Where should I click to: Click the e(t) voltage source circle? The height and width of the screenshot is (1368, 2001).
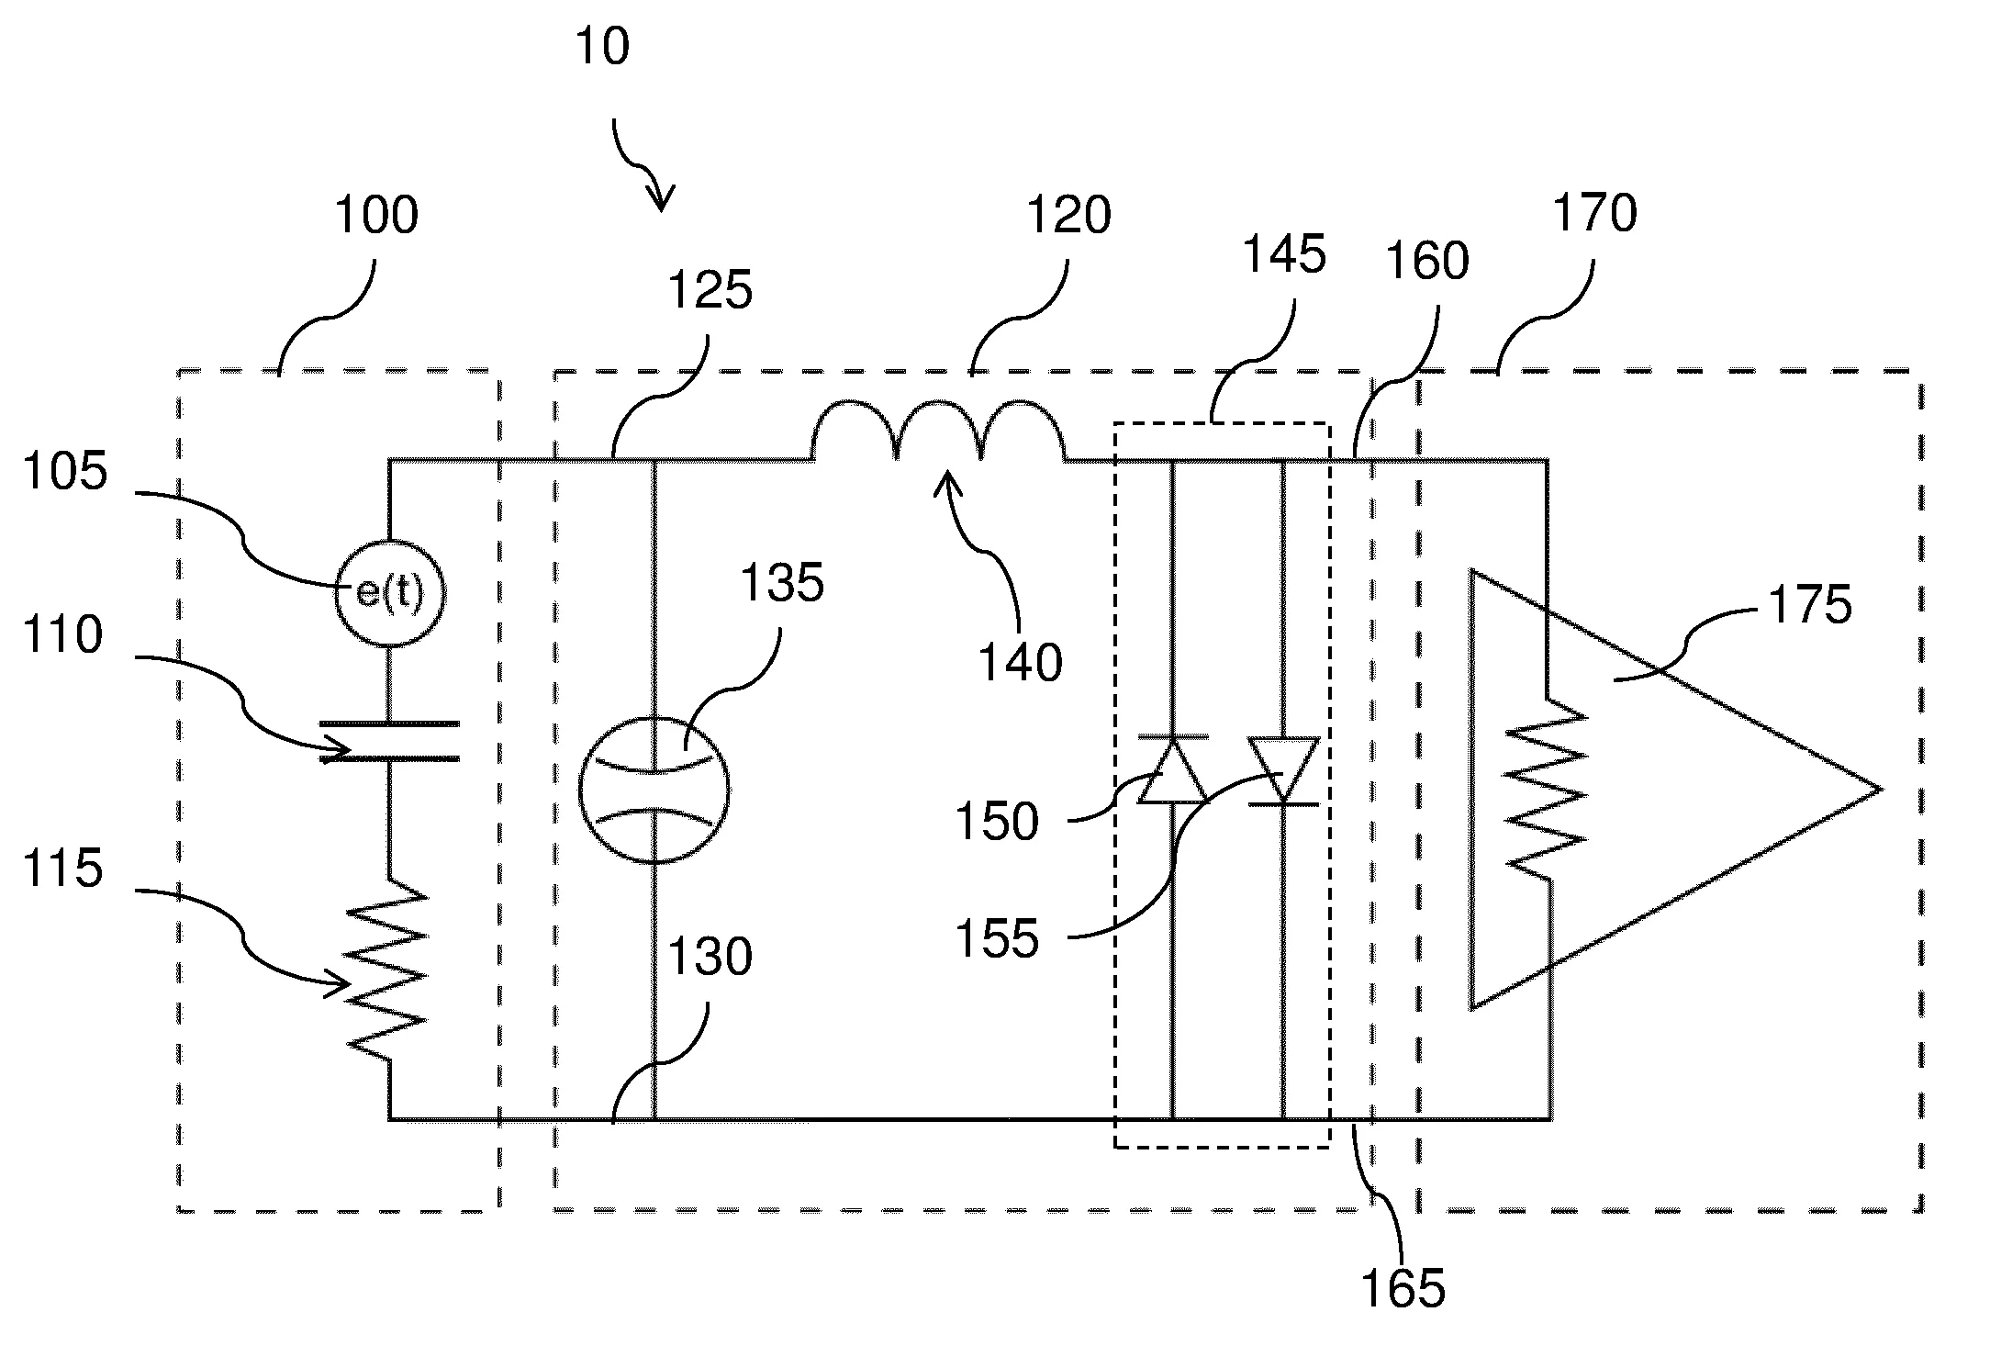[389, 593]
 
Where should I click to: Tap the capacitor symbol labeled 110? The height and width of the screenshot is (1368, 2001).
[389, 741]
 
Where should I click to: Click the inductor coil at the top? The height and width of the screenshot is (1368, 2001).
[938, 432]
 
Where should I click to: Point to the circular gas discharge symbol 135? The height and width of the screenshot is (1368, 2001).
[654, 789]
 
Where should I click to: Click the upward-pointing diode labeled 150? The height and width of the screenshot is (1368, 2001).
[1172, 771]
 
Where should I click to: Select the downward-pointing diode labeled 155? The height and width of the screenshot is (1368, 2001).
[1283, 771]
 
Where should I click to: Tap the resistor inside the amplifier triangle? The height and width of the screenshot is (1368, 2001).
[1548, 790]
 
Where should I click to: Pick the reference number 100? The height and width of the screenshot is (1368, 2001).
[376, 216]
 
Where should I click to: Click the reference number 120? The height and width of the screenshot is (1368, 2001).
[1068, 216]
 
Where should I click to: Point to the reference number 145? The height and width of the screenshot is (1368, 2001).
[1283, 254]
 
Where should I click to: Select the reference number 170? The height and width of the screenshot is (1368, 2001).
[1594, 214]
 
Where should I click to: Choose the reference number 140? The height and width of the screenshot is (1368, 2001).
[1020, 663]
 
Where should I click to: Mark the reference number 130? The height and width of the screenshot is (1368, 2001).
[710, 958]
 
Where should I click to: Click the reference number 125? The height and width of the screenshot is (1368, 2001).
[710, 291]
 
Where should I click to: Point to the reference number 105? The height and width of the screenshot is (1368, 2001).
[64, 473]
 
